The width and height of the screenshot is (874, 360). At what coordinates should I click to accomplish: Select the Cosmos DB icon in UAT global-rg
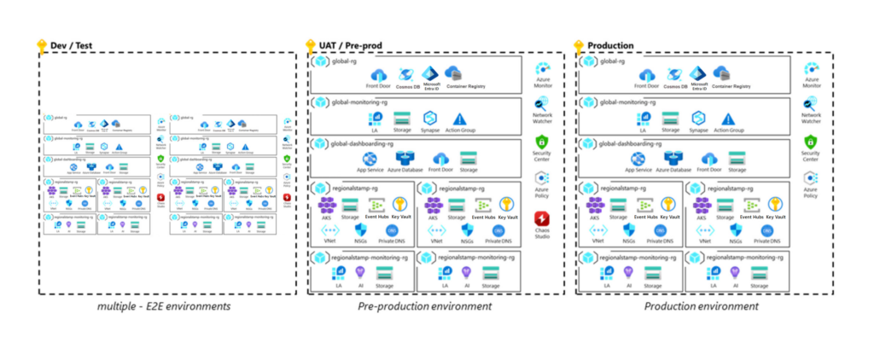(x=405, y=74)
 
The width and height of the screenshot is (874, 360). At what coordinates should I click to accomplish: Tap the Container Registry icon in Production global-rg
(x=721, y=74)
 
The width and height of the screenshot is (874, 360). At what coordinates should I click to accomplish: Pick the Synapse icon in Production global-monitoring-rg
(x=698, y=119)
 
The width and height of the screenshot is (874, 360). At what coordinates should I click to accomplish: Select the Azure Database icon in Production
(x=673, y=159)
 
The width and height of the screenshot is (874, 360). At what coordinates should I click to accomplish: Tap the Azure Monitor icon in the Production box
(x=810, y=70)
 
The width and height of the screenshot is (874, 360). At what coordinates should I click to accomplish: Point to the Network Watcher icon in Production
(x=810, y=105)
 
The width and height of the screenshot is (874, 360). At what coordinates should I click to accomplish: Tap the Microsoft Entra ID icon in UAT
(x=431, y=73)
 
